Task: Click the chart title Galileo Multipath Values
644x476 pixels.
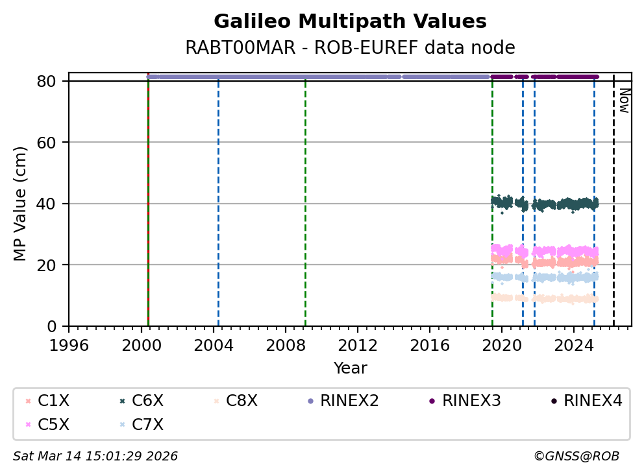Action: point(350,22)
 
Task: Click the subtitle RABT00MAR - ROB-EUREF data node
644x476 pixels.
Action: point(350,48)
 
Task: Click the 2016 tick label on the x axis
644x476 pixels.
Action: point(430,343)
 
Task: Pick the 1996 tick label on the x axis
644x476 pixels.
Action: point(69,343)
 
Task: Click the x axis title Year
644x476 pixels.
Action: point(350,369)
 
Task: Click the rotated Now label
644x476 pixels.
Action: point(624,101)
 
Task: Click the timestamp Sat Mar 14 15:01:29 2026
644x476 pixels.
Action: point(95,457)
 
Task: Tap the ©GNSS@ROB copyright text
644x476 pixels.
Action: point(576,457)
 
